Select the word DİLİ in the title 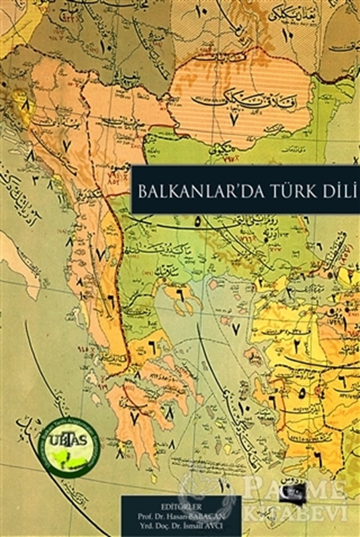330,189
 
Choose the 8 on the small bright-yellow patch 26,106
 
